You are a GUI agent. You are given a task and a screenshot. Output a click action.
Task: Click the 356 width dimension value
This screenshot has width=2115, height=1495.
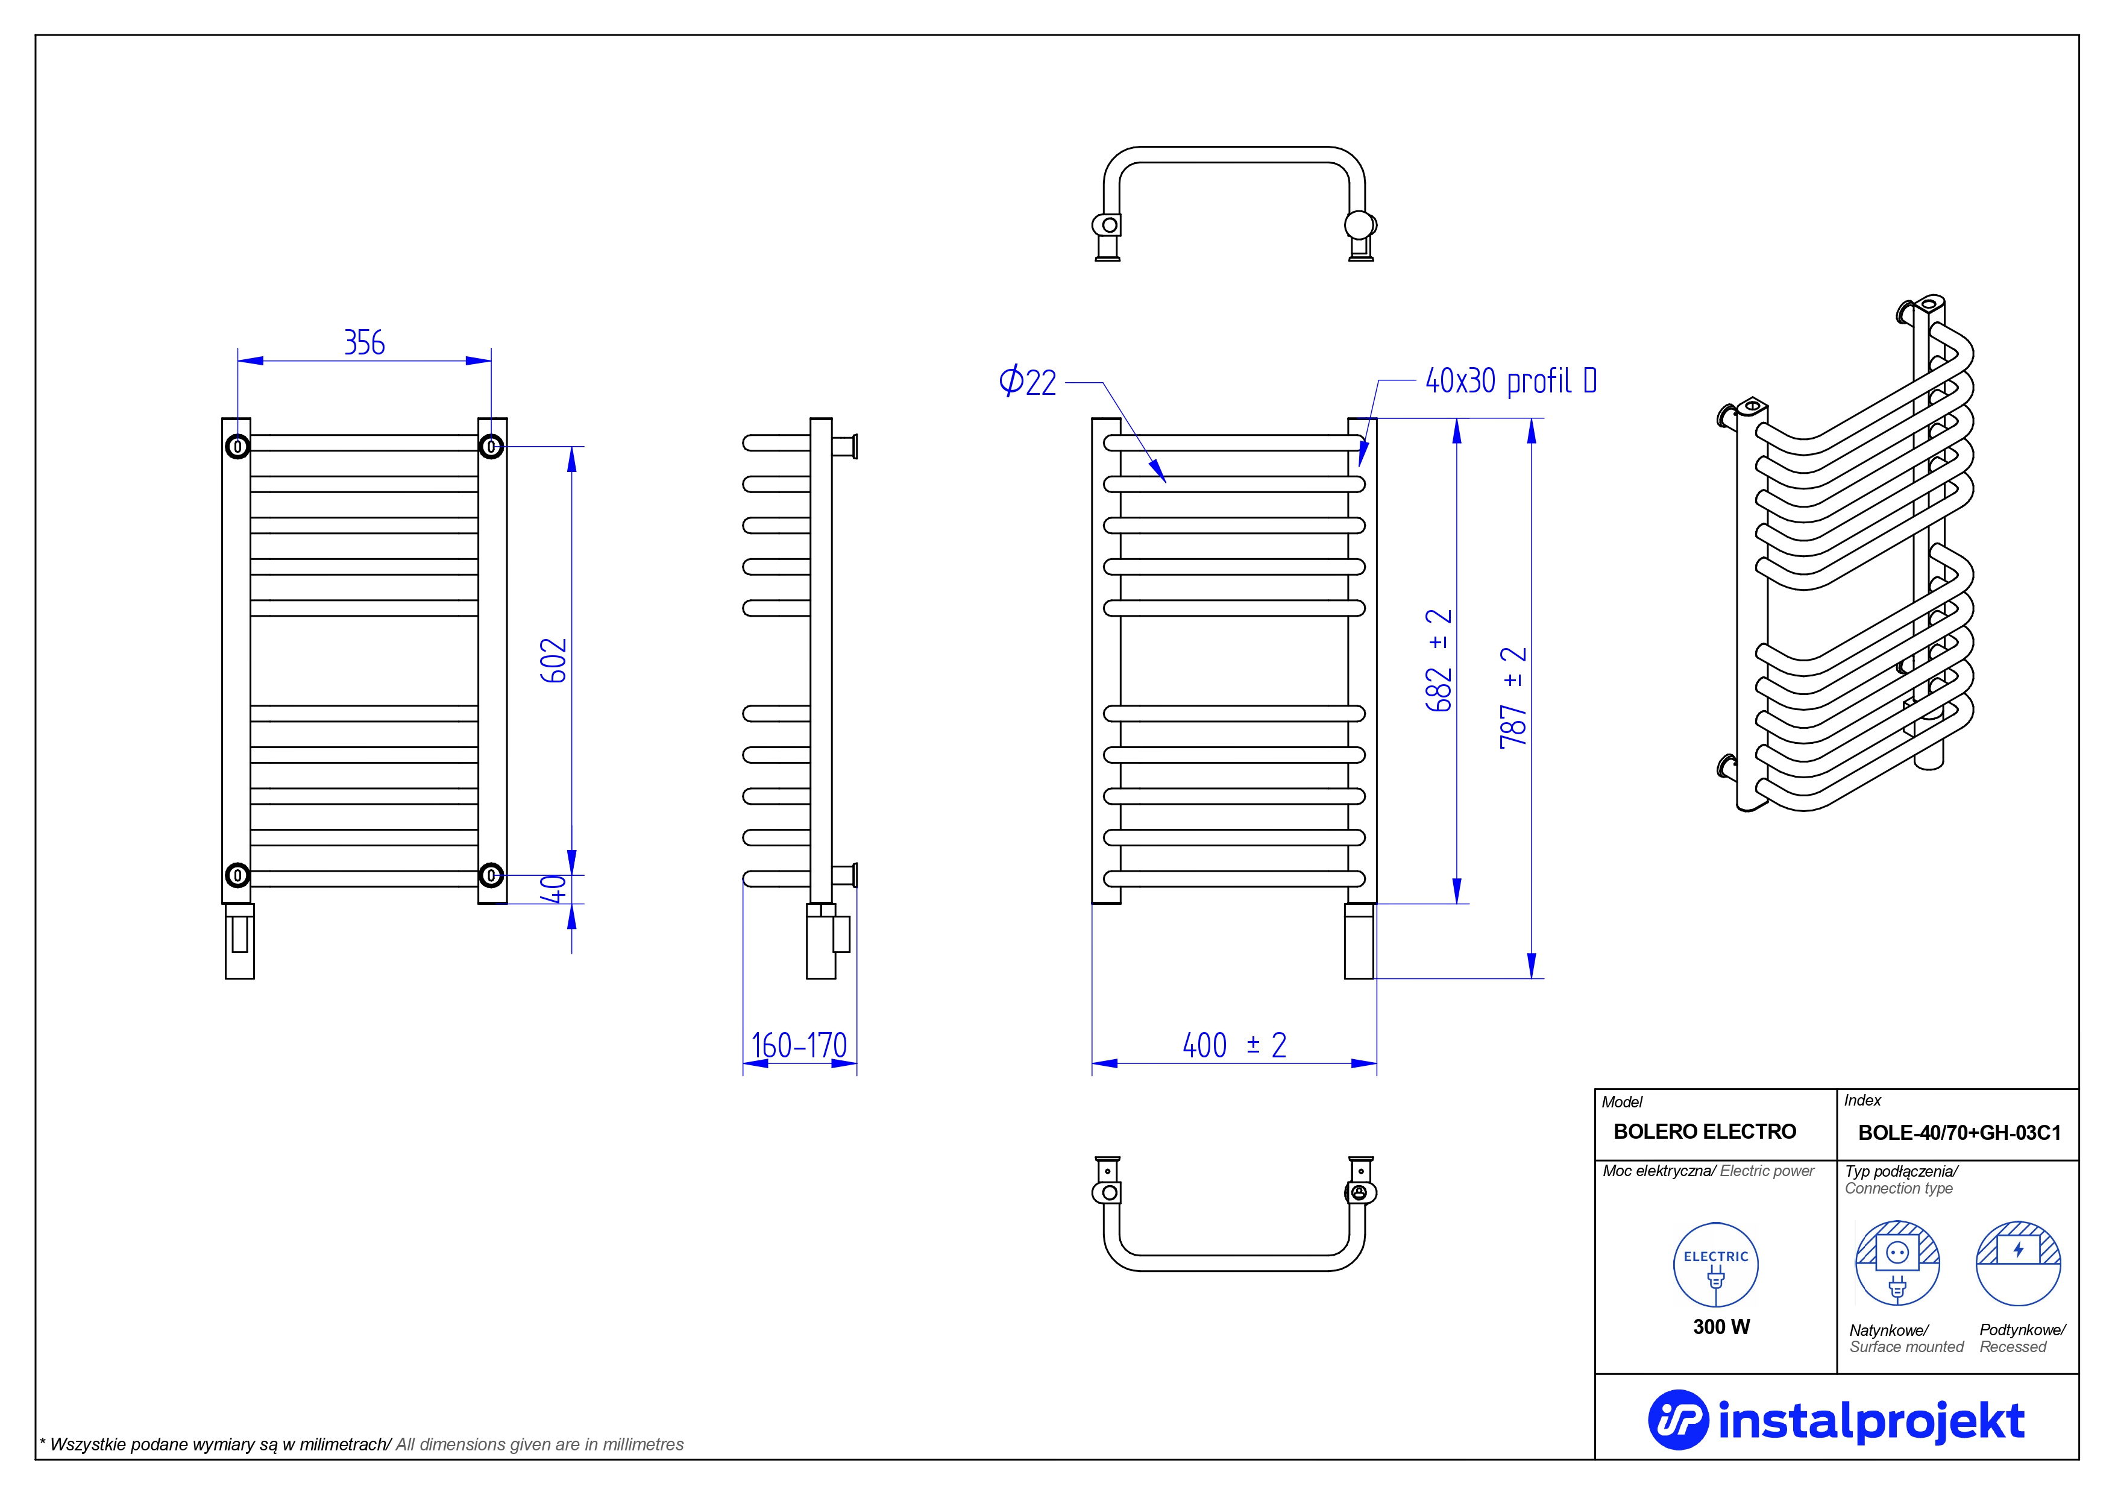click(x=364, y=342)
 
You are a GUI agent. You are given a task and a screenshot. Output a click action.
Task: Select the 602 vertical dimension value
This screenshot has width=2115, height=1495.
click(x=554, y=661)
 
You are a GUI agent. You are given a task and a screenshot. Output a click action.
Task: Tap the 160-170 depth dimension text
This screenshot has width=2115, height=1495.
click(x=799, y=1045)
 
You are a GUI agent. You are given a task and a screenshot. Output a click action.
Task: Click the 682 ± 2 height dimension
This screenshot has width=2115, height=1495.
click(x=1438, y=661)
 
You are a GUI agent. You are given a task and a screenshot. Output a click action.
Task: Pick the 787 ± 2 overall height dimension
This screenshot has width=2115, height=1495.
click(x=1513, y=697)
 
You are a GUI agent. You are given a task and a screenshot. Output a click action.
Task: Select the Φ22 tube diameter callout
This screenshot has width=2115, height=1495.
click(x=1027, y=382)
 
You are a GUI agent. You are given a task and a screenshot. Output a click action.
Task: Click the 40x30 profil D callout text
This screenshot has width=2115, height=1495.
click(x=1510, y=380)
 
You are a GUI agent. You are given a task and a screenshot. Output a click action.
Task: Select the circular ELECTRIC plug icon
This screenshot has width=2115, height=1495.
click(x=1715, y=1265)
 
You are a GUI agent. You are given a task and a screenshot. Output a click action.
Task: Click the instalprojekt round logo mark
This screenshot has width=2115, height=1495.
click(x=1677, y=1420)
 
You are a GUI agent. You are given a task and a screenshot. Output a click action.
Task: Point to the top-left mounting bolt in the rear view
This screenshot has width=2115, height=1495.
click(x=237, y=447)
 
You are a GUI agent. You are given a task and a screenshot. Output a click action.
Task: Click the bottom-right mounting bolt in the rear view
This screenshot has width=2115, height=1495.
click(x=491, y=875)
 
